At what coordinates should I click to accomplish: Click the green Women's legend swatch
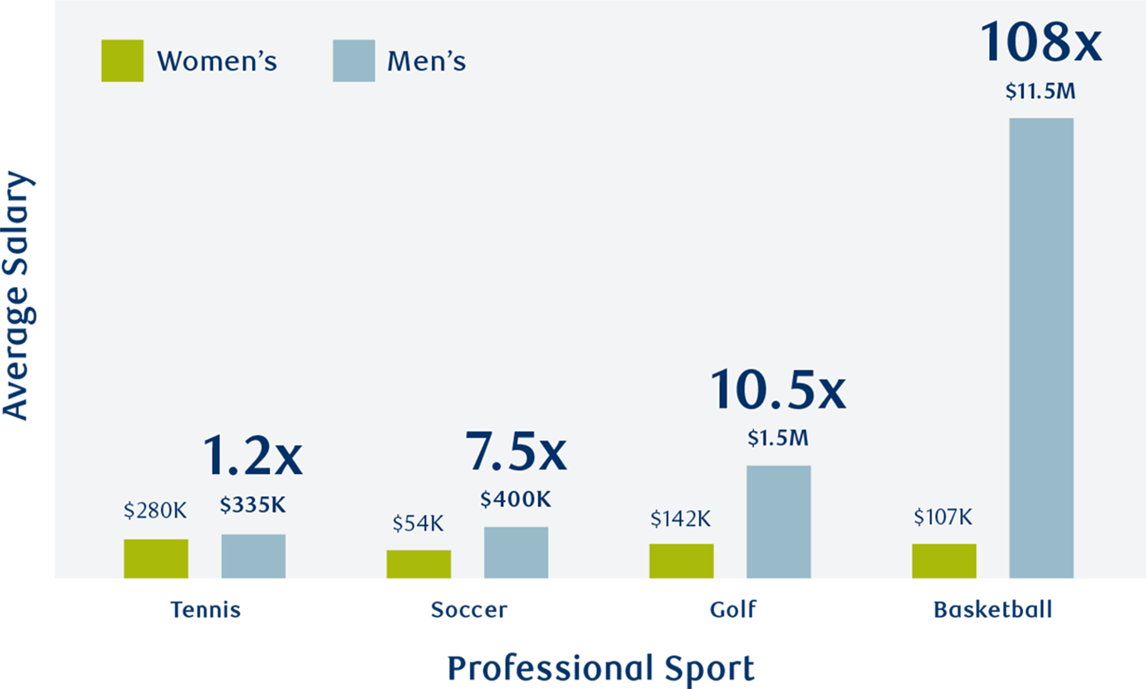(x=122, y=61)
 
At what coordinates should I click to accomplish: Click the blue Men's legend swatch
(x=354, y=61)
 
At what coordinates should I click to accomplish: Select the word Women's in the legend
(x=217, y=61)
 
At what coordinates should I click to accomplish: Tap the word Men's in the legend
(x=426, y=61)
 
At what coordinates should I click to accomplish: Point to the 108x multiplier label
(x=1041, y=42)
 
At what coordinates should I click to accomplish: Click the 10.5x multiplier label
(x=778, y=391)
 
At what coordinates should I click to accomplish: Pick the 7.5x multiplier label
(x=515, y=452)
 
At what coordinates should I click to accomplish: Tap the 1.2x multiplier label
(x=252, y=457)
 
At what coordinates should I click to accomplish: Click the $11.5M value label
(x=1041, y=92)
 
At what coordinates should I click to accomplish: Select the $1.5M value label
(x=778, y=438)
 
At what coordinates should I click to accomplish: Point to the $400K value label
(x=515, y=500)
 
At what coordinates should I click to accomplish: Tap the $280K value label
(x=155, y=511)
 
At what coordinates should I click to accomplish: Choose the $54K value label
(x=418, y=524)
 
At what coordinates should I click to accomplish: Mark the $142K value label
(x=681, y=519)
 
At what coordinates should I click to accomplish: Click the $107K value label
(x=943, y=517)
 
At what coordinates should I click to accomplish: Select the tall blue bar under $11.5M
(x=1041, y=349)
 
